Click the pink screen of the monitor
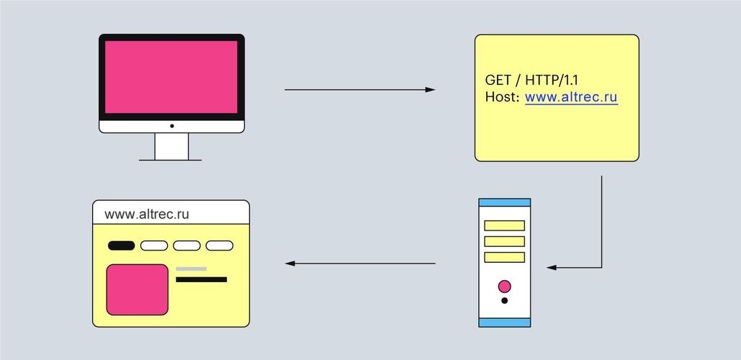[x=171, y=77]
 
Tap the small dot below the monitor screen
[x=172, y=126]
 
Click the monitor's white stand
[x=171, y=146]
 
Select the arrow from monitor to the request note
[x=359, y=89]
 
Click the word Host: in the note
[x=503, y=97]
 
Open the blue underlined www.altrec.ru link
[x=571, y=98]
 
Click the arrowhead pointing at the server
[x=552, y=267]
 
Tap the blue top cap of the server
[x=505, y=202]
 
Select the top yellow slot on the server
[x=505, y=225]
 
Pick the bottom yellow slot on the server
[x=505, y=258]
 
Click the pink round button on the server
[x=505, y=287]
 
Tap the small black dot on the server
[x=505, y=300]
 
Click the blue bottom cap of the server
[x=505, y=323]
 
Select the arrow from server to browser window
[x=360, y=263]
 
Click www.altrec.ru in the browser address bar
[x=147, y=214]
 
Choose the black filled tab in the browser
[x=122, y=246]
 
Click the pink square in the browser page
[x=137, y=289]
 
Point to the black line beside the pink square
[x=202, y=279]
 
